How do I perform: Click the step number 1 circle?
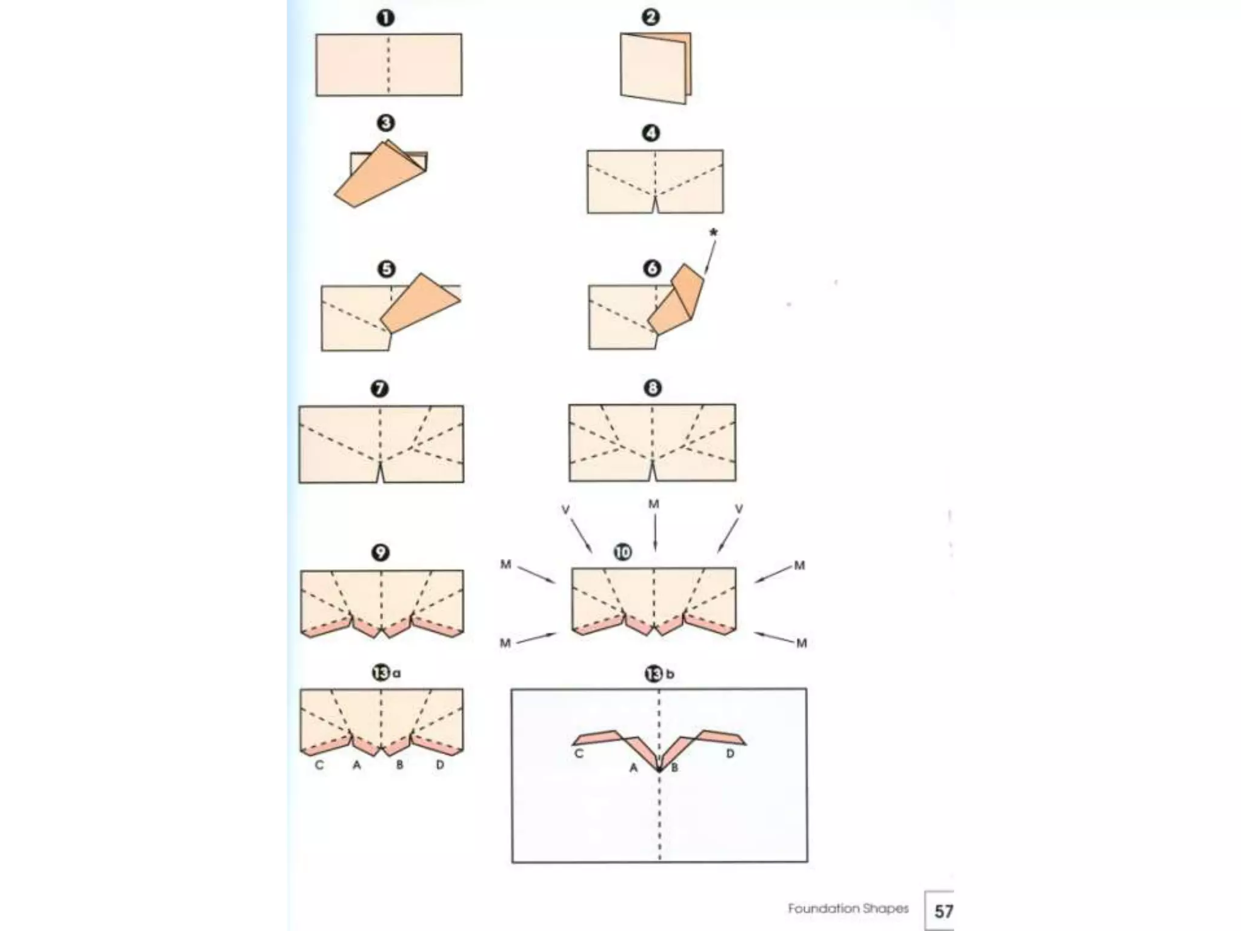(x=385, y=18)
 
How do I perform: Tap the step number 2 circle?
(x=651, y=17)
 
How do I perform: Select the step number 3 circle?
(x=385, y=124)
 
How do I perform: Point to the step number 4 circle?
(x=651, y=133)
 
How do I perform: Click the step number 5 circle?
(x=386, y=269)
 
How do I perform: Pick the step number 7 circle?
(x=380, y=389)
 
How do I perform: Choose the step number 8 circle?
(x=653, y=388)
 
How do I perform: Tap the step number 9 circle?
(x=380, y=553)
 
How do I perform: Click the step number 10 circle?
(x=622, y=552)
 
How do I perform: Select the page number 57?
(x=943, y=911)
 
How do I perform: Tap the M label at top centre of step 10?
(x=654, y=504)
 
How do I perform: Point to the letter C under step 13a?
(x=319, y=766)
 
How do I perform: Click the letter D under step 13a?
(x=440, y=766)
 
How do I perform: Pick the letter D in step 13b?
(x=730, y=754)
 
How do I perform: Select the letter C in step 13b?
(x=579, y=754)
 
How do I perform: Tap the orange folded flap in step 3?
(x=379, y=176)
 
